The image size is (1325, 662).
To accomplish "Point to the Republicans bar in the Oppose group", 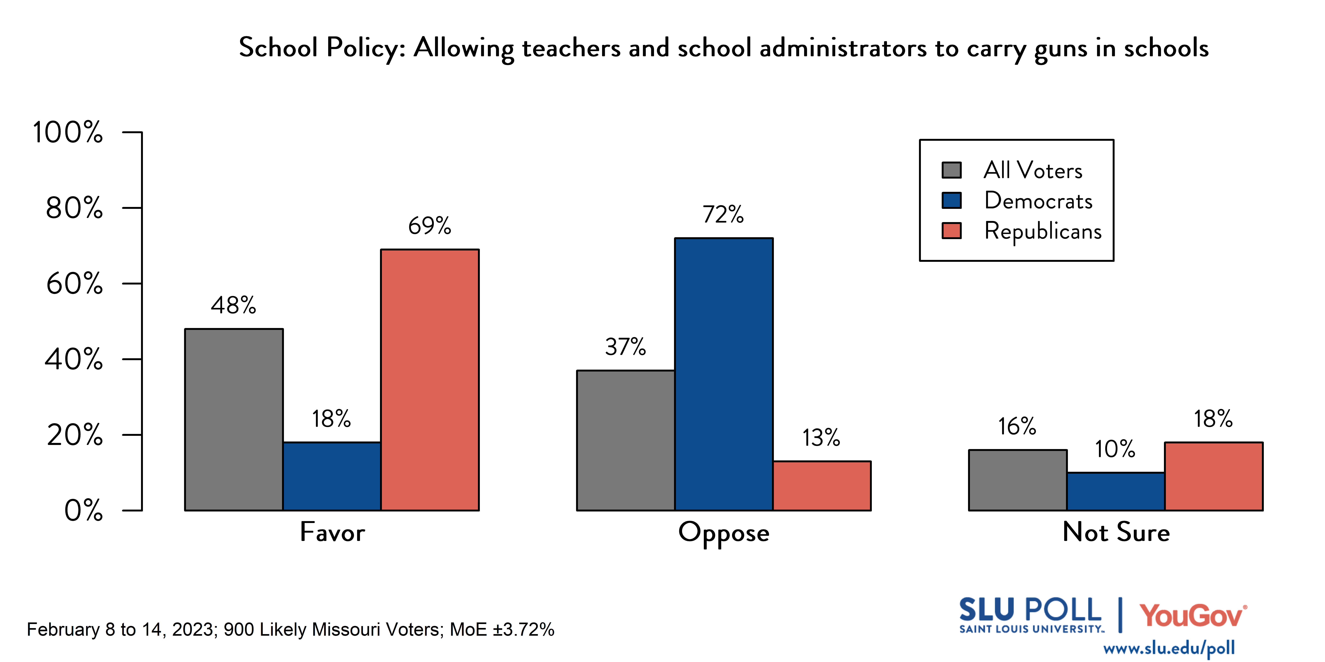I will [821, 486].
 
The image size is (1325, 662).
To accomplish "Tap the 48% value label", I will [233, 306].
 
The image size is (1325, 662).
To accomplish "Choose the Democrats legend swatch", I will [952, 200].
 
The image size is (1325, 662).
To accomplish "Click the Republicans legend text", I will [1043, 231].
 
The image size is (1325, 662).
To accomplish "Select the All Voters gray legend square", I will [952, 170].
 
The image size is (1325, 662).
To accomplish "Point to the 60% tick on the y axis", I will [132, 283].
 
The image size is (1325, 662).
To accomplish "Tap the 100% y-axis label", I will [68, 133].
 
